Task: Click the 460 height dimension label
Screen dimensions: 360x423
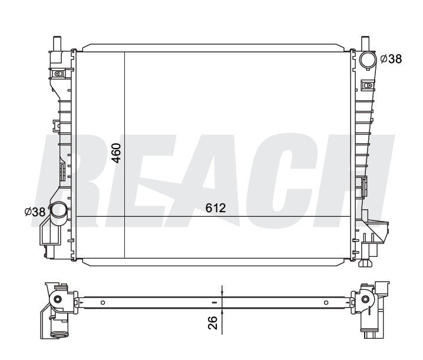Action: point(117,153)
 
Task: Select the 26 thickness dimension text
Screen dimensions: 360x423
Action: point(213,322)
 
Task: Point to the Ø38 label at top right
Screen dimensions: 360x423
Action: point(392,58)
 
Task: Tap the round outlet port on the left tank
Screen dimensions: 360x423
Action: point(58,210)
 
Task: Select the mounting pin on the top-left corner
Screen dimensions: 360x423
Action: point(58,44)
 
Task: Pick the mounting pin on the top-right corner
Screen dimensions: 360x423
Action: point(365,44)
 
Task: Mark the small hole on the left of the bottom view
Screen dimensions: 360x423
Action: point(103,303)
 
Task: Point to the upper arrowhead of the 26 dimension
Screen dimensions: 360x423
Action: point(222,295)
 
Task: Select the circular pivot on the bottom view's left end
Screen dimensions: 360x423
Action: point(57,300)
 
